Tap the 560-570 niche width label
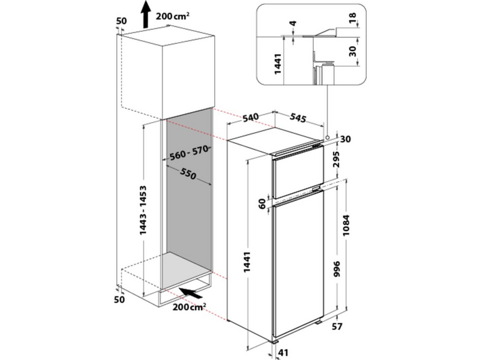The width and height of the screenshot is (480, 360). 188,154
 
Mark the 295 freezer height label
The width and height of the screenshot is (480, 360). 344,161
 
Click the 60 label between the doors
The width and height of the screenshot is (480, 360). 262,204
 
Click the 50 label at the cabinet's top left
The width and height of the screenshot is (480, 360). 121,21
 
